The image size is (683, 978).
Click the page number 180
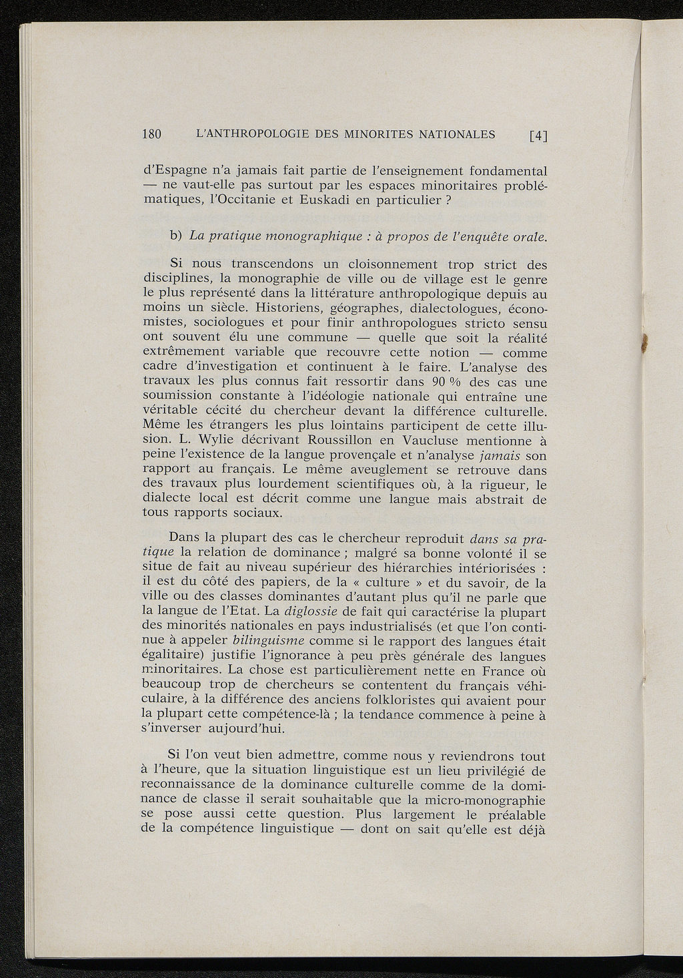(154, 134)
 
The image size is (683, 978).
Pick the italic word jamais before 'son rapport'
(500, 455)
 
